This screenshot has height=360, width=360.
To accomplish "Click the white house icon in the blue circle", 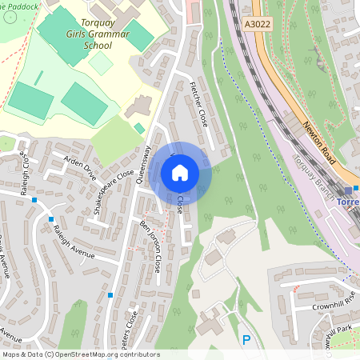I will [180, 172].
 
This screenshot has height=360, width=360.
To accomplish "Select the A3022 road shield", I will [256, 25].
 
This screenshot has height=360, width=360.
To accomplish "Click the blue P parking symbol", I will [246, 340].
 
